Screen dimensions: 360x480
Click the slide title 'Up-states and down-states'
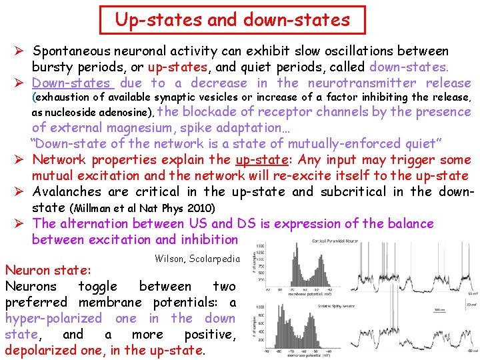pos(232,20)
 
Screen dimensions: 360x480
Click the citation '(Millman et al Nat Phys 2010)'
pos(142,209)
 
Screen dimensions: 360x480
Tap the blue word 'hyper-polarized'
pos(53,319)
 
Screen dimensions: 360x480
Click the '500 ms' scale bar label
pos(439,309)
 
